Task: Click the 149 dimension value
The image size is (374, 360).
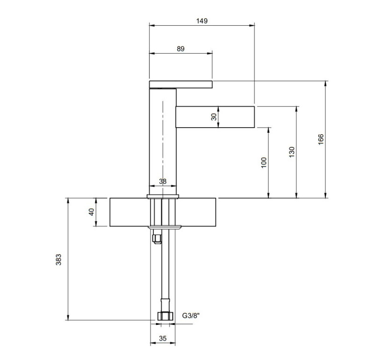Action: click(x=202, y=21)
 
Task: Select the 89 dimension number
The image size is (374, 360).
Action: click(x=180, y=49)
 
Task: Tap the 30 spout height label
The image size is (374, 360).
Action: click(x=214, y=117)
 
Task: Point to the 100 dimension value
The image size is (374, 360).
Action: click(x=264, y=163)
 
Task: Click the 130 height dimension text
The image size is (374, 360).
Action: click(x=292, y=152)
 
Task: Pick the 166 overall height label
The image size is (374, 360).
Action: click(x=321, y=139)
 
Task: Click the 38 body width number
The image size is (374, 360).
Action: click(x=163, y=181)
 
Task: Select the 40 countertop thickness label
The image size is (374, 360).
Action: click(x=91, y=212)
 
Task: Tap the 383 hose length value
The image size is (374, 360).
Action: click(x=58, y=260)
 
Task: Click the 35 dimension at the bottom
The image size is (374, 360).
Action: click(x=163, y=338)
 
